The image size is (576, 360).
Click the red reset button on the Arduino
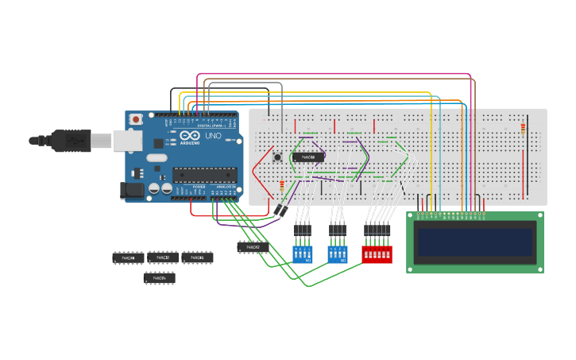click(137, 119)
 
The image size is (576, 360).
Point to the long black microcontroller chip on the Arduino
click(206, 175)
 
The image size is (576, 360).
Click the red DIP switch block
click(377, 254)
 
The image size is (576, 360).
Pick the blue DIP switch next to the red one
click(338, 254)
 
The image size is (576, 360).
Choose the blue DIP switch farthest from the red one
click(303, 254)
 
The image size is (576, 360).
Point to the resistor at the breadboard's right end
click(523, 129)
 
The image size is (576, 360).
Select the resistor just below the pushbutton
click(282, 185)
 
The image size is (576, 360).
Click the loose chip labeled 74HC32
click(163, 257)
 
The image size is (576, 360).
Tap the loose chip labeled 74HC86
click(197, 257)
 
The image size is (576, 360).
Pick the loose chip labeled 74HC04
click(159, 277)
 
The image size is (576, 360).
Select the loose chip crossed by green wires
click(253, 247)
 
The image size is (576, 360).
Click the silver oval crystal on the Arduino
click(157, 157)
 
